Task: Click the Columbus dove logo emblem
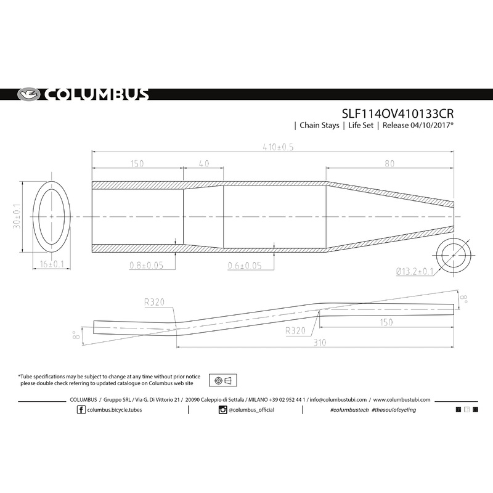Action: [x=28, y=94]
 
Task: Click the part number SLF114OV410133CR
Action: [x=397, y=114]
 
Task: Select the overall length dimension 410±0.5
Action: [x=279, y=147]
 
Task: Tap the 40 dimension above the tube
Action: [x=204, y=163]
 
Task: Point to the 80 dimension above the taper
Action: [x=389, y=163]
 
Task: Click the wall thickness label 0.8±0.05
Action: [x=147, y=266]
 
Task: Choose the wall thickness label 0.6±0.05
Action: [x=245, y=266]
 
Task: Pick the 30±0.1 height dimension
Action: [x=17, y=216]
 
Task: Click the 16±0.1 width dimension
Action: [x=52, y=264]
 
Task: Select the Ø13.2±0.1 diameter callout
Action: [x=415, y=271]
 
